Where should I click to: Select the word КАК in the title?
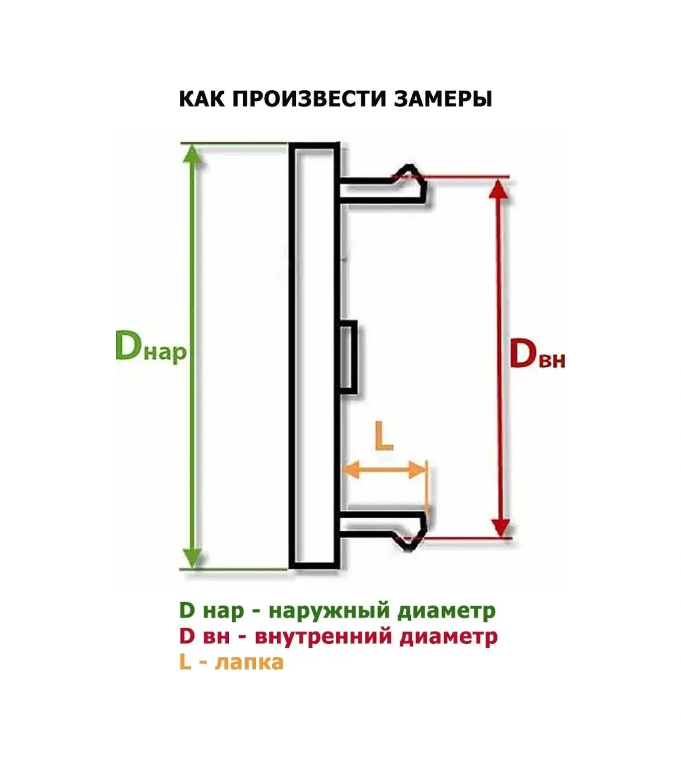(202, 99)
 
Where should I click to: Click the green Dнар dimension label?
(151, 346)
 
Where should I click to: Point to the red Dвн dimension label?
(537, 354)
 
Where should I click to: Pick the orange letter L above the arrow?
(384, 436)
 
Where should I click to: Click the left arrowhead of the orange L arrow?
(352, 469)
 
